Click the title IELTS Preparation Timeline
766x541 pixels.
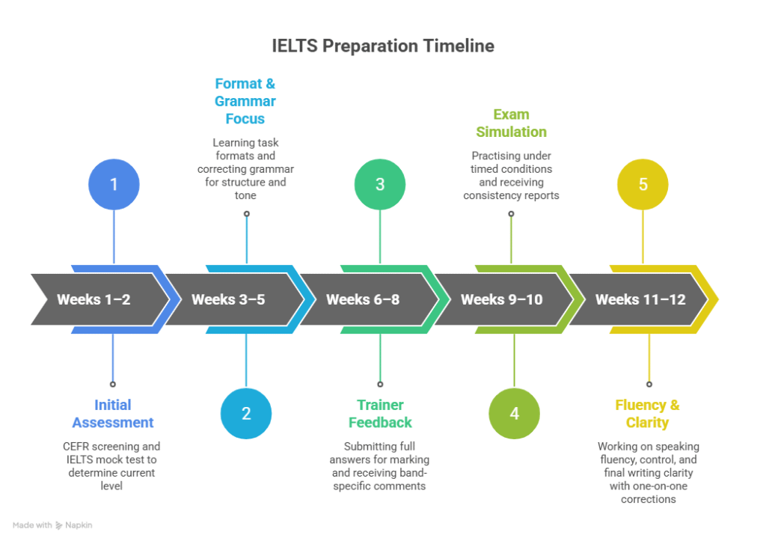click(x=383, y=46)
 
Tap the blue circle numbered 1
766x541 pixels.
click(x=114, y=184)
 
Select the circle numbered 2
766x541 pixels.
click(x=246, y=413)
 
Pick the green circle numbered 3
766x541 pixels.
click(x=379, y=184)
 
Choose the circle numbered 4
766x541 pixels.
click(x=514, y=413)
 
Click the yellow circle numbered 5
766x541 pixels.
click(x=643, y=184)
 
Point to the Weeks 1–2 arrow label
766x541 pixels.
click(x=94, y=299)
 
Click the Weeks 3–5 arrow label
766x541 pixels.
click(x=228, y=299)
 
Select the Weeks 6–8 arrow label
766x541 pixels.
click(x=363, y=299)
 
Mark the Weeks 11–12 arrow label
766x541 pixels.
click(x=640, y=299)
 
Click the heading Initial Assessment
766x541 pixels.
click(x=113, y=414)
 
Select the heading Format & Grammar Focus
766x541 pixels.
click(x=245, y=101)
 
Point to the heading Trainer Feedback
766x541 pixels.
click(x=380, y=414)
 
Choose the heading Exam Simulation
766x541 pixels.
click(x=512, y=123)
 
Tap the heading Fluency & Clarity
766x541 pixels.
click(x=647, y=414)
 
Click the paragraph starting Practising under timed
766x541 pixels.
click(x=512, y=176)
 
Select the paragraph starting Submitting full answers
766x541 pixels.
click(x=380, y=465)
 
